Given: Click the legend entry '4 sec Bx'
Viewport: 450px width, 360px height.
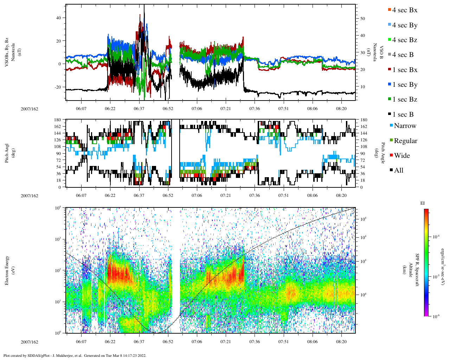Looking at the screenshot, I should click(405, 10).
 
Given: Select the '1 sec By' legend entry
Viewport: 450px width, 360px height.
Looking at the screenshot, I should click(405, 85).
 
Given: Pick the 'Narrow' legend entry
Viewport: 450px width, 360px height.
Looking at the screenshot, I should click(405, 126).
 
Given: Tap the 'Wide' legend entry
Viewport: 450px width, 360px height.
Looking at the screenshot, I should click(402, 156).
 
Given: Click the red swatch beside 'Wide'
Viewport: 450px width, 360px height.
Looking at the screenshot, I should click(391, 156).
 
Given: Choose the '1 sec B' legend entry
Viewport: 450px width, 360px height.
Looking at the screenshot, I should click(403, 115).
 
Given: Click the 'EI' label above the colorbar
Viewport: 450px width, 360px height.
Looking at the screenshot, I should click(423, 203).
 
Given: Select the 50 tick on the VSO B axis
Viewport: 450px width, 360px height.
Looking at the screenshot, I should click(362, 19).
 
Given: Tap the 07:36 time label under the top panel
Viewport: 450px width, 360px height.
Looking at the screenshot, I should click(255, 109).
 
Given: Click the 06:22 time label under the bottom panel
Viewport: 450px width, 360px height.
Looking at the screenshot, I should click(110, 342).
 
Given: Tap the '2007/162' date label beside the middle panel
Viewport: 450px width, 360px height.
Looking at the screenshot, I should click(29, 196).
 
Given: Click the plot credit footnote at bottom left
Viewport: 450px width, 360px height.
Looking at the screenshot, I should click(75, 355).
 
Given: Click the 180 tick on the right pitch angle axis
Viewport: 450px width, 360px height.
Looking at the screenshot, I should click(364, 120).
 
